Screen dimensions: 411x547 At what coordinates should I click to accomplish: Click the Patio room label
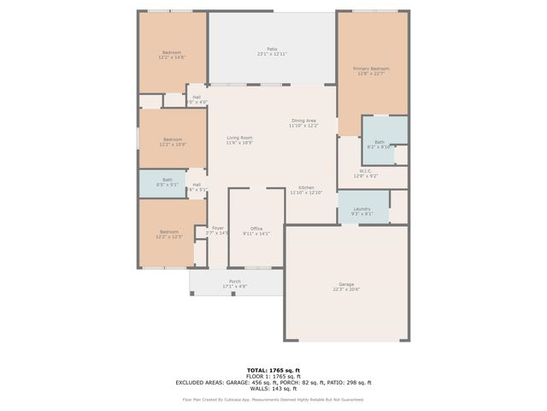pyautogui.click(x=272, y=49)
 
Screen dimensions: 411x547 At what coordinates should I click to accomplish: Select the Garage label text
pyautogui.click(x=346, y=284)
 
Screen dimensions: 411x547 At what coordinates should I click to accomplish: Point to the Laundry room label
pyautogui.click(x=362, y=209)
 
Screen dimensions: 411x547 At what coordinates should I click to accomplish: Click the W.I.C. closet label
pyautogui.click(x=365, y=170)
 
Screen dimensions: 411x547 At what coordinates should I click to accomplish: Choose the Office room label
pyautogui.click(x=256, y=229)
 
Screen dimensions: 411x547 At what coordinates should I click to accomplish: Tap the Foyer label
pyautogui.click(x=218, y=228)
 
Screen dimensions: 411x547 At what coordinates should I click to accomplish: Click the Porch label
pyautogui.click(x=235, y=281)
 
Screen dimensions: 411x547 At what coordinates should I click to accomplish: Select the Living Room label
pyautogui.click(x=239, y=138)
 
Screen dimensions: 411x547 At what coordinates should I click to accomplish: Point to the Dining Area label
pyautogui.click(x=304, y=121)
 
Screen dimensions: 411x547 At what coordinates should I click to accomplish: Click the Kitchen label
pyautogui.click(x=306, y=188)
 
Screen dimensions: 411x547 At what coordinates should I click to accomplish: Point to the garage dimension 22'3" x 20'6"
pyautogui.click(x=346, y=289)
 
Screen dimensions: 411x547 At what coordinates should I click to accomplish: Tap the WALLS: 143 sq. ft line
pyautogui.click(x=273, y=389)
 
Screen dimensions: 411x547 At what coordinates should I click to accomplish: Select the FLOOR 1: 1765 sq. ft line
pyautogui.click(x=273, y=377)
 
